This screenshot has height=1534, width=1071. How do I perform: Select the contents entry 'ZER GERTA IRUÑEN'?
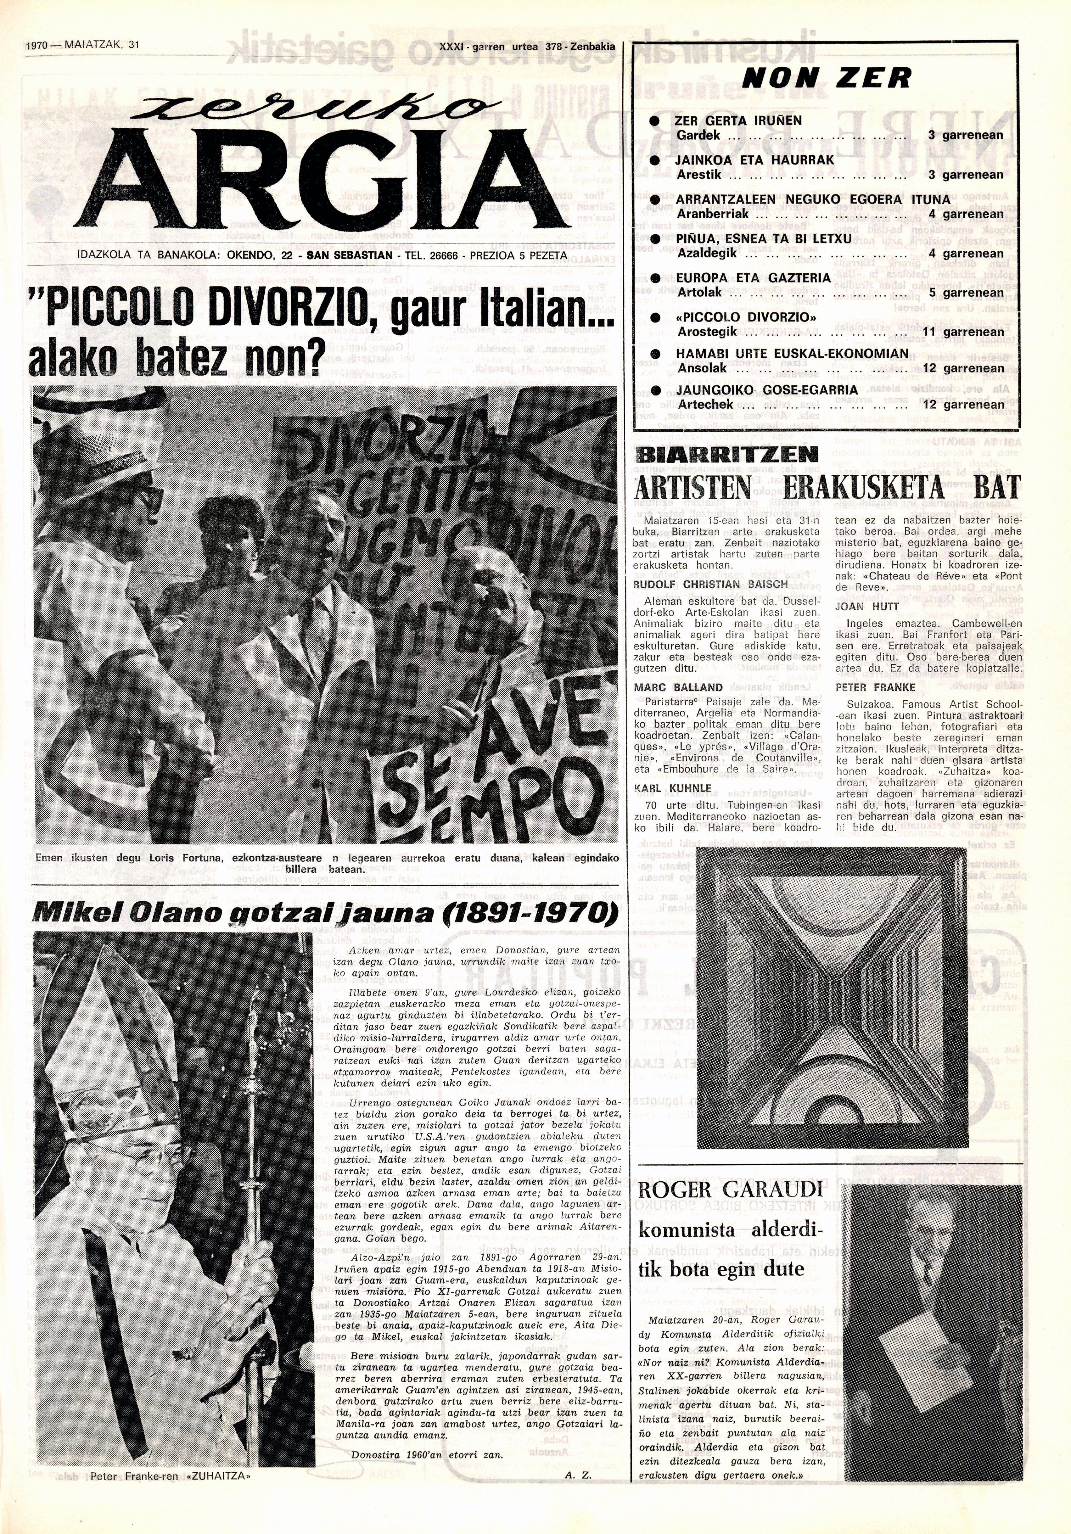tap(739, 121)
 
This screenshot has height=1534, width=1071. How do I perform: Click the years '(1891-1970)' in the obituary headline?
tap(535, 912)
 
